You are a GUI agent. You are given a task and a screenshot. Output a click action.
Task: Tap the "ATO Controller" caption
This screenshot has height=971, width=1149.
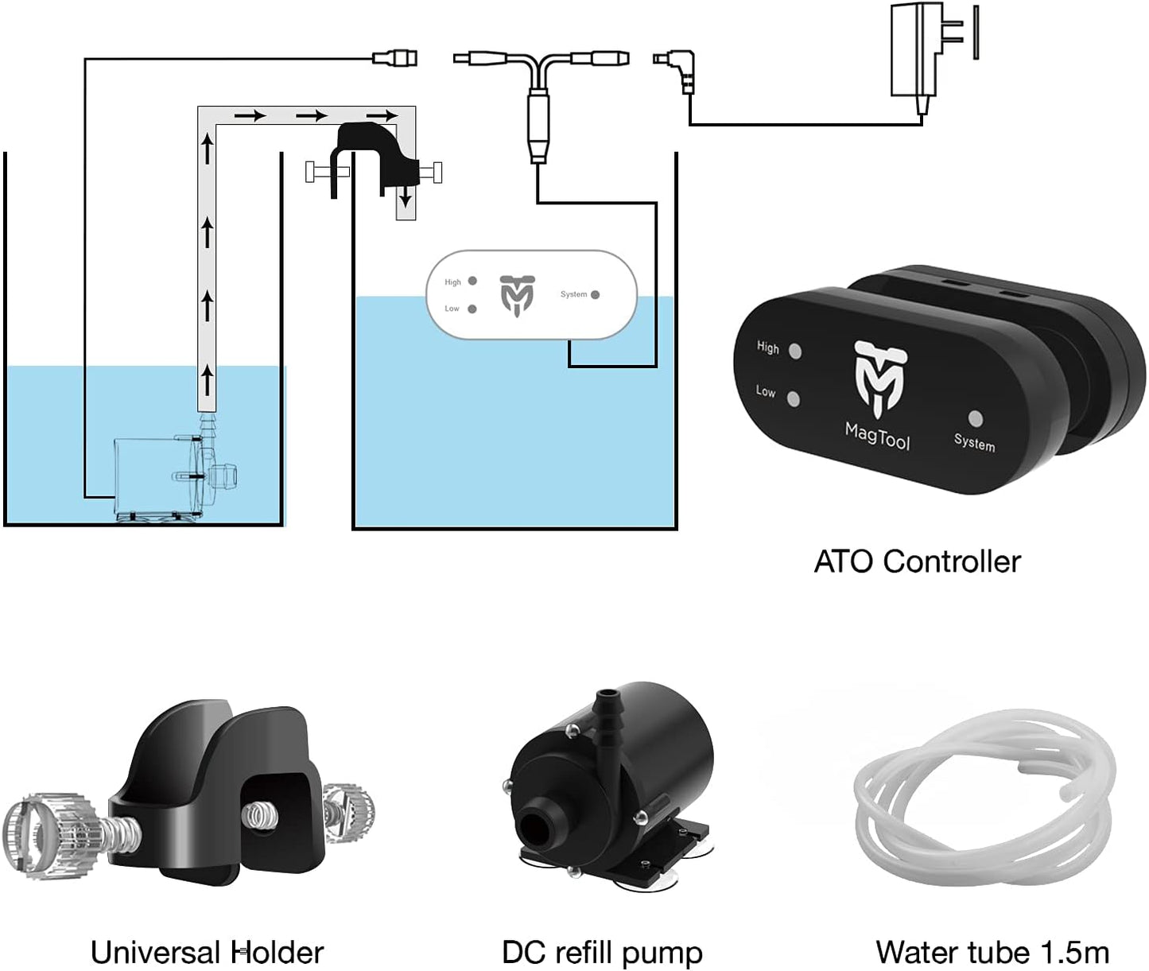coord(917,561)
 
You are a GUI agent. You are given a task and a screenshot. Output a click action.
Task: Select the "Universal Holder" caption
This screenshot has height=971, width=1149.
coord(207,952)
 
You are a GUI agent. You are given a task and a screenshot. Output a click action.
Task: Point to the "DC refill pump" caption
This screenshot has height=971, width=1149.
coord(602,952)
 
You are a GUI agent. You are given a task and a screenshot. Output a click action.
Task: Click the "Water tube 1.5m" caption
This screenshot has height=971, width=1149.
coord(992,952)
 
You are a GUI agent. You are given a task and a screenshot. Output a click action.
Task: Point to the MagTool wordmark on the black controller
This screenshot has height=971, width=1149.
coord(877,436)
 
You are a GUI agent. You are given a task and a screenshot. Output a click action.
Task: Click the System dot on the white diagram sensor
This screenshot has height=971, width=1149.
coord(595,295)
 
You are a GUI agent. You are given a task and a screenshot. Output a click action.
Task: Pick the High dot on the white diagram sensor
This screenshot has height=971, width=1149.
coord(472,281)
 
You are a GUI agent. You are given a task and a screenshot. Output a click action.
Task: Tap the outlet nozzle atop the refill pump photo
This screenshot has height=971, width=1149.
coord(607,701)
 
